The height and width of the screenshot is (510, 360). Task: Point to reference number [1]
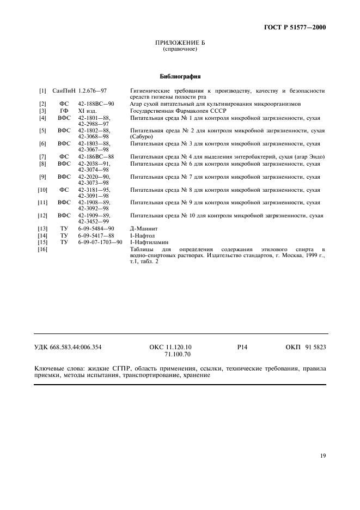tap(42, 90)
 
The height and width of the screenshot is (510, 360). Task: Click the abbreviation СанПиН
tap(64, 90)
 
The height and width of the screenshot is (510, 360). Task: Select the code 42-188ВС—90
tap(96, 104)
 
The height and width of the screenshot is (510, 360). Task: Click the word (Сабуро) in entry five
tap(141, 137)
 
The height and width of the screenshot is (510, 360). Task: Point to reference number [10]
tap(42, 190)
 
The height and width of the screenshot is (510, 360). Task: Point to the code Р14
tap(243, 347)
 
